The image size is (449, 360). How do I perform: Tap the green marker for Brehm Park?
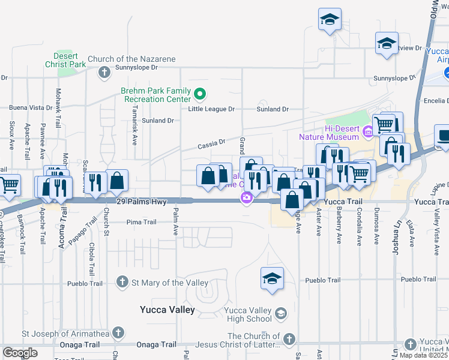[201, 94]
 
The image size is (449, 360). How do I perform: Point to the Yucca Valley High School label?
[248, 314]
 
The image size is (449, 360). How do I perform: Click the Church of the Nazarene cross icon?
[104, 72]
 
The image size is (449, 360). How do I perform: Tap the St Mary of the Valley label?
[170, 283]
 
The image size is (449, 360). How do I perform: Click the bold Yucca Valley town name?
[167, 310]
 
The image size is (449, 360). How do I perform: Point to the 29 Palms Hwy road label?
[141, 202]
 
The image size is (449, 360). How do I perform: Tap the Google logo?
[20, 353]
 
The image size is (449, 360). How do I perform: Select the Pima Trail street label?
[141, 222]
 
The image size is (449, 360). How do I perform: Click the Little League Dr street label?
[211, 109]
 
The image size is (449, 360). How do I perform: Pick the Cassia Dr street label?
[211, 144]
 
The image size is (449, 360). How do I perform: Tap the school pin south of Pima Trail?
[271, 279]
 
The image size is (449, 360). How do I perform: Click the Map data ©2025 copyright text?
[423, 355]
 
